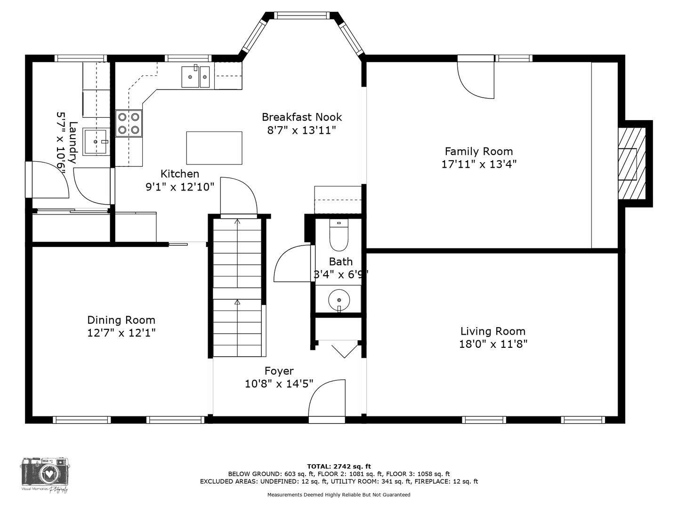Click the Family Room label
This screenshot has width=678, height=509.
[x=478, y=151]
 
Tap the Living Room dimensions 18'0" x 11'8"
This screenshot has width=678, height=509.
[x=493, y=344]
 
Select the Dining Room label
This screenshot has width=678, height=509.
[x=121, y=320]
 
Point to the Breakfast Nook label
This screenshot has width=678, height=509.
[x=301, y=117]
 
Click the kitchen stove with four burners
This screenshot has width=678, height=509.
[x=129, y=123]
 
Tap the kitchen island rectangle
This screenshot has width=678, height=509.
[x=214, y=148]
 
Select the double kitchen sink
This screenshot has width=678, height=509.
[x=195, y=76]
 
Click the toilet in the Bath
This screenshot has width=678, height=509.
[x=339, y=236]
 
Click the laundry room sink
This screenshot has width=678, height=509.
[x=97, y=141]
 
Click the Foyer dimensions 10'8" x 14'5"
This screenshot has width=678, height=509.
[x=279, y=384]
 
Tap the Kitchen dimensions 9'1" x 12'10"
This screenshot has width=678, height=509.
[x=179, y=187]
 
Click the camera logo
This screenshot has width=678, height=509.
[x=45, y=473]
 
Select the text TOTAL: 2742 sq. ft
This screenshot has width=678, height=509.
[x=339, y=466]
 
